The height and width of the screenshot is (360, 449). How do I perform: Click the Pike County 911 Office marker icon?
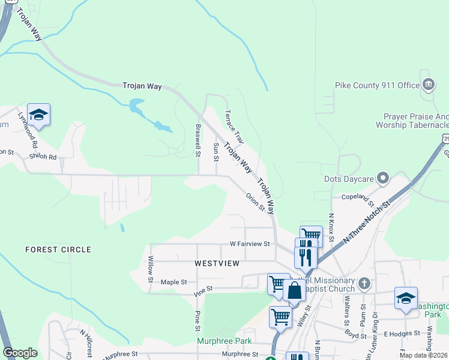click(428, 85)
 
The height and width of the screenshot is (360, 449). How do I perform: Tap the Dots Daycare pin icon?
click(384, 178)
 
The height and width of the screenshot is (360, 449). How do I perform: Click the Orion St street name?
click(255, 202)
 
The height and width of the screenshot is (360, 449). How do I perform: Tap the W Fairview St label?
click(251, 244)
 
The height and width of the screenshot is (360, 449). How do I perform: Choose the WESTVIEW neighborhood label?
click(217, 263)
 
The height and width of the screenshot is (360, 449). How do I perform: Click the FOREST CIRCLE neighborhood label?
click(58, 249)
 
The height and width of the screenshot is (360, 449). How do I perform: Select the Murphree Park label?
click(222, 341)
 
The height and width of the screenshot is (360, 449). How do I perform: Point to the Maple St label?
click(174, 281)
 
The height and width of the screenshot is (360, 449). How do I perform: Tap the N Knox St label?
click(331, 226)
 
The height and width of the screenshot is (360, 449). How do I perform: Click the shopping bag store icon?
click(295, 292)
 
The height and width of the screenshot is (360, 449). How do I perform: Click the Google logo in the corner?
click(20, 353)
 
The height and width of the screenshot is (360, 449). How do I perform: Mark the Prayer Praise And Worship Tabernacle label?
click(412, 121)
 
